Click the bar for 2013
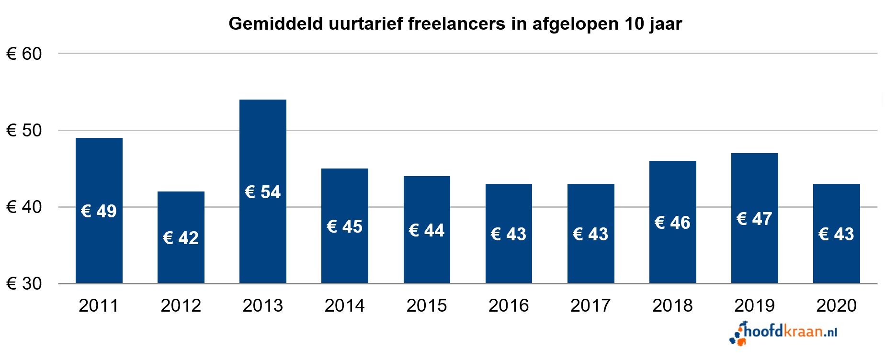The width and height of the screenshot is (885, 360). pos(262,144)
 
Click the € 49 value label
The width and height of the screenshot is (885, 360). pos(99,211)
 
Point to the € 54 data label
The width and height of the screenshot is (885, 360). pos(262,192)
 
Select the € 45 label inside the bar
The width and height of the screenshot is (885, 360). pos(344,226)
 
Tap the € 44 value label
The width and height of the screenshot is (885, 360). pos(426,230)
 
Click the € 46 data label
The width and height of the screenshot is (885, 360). pos(672,223)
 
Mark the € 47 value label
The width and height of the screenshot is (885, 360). pos(754,219)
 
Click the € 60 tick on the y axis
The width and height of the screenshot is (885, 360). pos(24,54)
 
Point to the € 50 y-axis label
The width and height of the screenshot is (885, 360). pos(24,130)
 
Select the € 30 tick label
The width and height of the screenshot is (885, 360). pos(24,283)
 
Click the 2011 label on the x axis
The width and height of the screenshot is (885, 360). pos(99,305)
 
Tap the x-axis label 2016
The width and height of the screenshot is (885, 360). pos(509,305)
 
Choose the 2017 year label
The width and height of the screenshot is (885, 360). pos(590,305)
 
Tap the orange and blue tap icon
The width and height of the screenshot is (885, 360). pos(738,334)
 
